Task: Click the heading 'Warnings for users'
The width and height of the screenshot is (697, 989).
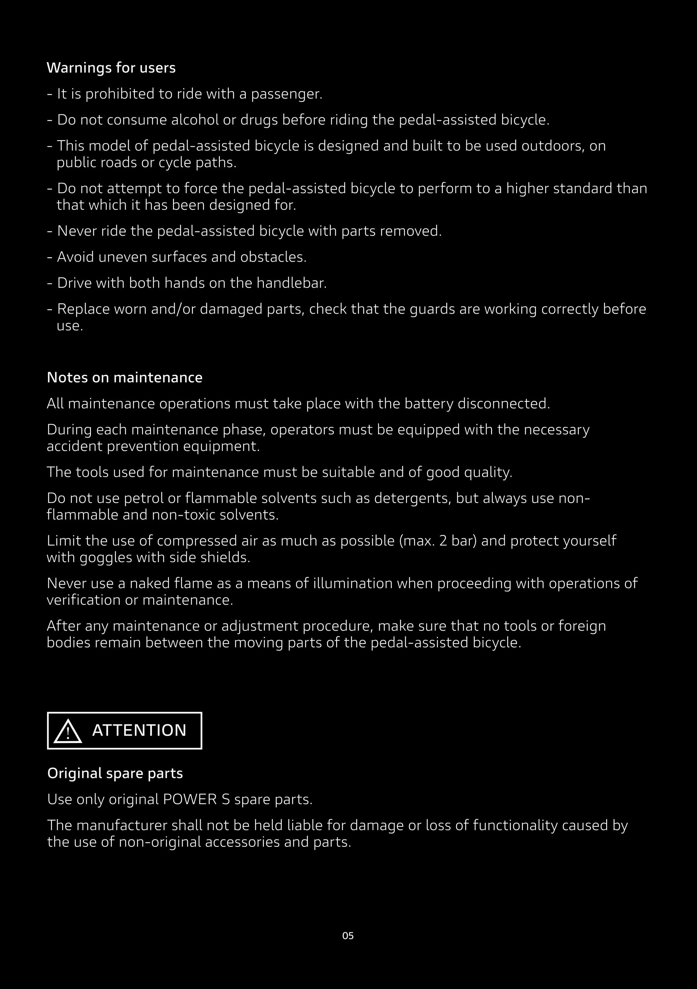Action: [x=111, y=68]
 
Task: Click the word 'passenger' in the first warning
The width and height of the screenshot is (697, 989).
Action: [x=286, y=94]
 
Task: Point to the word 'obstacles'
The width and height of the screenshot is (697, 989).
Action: [x=273, y=257]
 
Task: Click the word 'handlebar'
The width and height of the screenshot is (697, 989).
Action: [x=291, y=283]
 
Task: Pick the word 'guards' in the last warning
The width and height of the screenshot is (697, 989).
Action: [x=432, y=309]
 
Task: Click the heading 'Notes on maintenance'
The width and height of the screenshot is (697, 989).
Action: [x=124, y=377]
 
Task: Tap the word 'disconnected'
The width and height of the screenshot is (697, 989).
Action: [x=503, y=404]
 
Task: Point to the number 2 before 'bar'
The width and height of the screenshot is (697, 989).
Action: [x=443, y=540]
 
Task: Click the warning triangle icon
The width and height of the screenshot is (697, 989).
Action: [x=68, y=732]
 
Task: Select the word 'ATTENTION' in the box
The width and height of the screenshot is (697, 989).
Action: [x=139, y=731]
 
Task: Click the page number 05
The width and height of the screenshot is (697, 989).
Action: [x=348, y=936]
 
